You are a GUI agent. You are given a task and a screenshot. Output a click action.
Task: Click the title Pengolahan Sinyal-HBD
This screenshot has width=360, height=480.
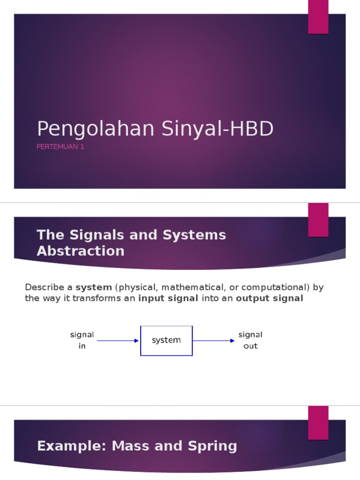(155, 129)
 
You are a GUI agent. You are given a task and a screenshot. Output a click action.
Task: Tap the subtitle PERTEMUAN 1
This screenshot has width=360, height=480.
(60, 147)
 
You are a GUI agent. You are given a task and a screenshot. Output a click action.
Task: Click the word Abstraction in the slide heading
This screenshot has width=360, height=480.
(81, 251)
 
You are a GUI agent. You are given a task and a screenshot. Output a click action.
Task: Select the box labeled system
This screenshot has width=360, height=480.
(166, 341)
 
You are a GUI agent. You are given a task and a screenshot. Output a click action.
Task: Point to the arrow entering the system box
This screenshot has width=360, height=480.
(117, 341)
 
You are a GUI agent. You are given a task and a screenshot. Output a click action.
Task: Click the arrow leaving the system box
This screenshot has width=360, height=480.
(214, 341)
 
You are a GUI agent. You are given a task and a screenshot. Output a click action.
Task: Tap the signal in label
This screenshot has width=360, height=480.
(82, 341)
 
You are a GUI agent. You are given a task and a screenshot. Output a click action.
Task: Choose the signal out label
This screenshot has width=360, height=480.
(250, 341)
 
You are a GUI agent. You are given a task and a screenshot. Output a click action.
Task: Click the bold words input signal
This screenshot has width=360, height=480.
(168, 298)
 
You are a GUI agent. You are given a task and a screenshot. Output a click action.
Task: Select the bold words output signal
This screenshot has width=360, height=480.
(270, 298)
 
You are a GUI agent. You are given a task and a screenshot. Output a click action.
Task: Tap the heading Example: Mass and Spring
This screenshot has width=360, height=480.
(137, 446)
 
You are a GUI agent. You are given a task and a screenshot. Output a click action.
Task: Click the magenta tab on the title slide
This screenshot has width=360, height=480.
(318, 17)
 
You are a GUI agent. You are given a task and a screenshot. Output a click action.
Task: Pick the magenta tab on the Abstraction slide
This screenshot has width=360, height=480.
(318, 220)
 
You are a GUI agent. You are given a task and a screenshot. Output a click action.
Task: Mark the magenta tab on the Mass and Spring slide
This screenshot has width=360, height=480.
(318, 423)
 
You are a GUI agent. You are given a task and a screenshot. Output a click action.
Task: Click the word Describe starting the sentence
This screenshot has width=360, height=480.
(42, 287)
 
